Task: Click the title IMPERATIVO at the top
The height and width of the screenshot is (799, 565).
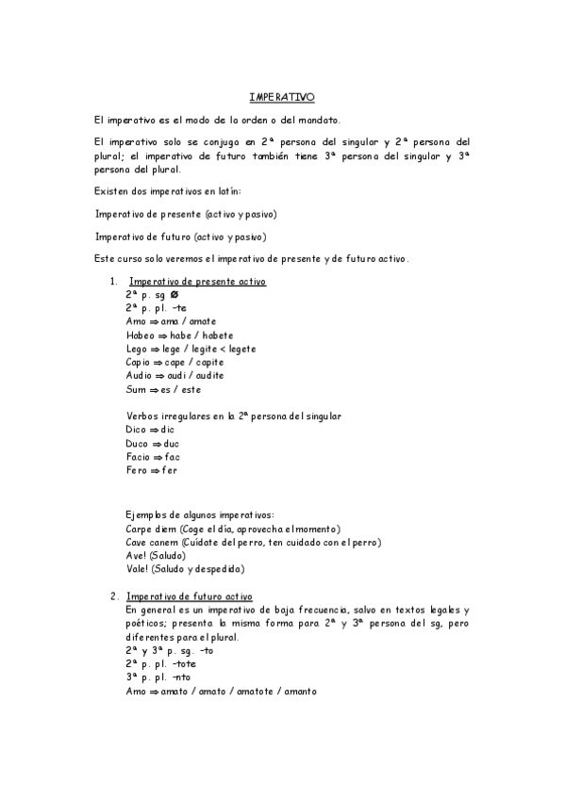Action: (x=282, y=97)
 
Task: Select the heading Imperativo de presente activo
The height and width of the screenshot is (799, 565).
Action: (x=197, y=282)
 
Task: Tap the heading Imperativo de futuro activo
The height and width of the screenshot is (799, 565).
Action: (x=196, y=596)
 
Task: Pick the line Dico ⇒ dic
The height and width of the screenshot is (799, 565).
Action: (x=150, y=430)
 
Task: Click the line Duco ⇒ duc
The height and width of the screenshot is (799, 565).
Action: (x=152, y=443)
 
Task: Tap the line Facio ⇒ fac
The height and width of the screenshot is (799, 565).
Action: (x=152, y=456)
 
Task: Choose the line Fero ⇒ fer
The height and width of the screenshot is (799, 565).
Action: (x=151, y=470)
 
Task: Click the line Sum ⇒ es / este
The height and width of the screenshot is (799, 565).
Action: (x=163, y=389)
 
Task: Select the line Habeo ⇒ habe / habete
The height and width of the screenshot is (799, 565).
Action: (x=179, y=335)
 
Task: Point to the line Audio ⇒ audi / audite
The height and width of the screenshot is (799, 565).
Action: (x=174, y=376)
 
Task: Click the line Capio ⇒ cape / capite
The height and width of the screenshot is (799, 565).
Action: (x=174, y=362)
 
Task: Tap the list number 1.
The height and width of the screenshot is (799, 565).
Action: (x=113, y=282)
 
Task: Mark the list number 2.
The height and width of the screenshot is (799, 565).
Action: (x=113, y=596)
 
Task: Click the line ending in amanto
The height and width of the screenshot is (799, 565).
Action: (x=221, y=692)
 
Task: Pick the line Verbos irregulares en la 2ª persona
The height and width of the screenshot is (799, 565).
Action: (x=233, y=416)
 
